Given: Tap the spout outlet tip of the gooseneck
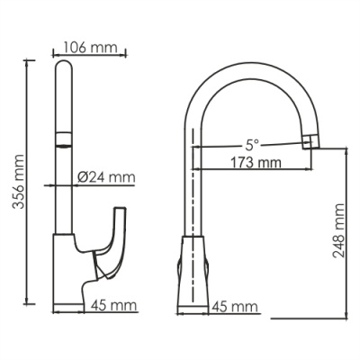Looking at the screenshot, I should click(310, 140).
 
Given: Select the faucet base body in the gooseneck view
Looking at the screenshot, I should click(195, 274).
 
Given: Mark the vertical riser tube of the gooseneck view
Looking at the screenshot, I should click(194, 180).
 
